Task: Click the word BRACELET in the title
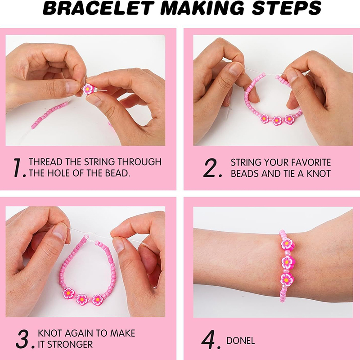98,8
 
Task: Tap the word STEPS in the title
287,8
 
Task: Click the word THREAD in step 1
45,162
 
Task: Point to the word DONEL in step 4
240,341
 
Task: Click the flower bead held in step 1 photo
88,89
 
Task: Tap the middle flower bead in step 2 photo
277,121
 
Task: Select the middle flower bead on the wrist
288,262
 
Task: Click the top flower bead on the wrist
287,244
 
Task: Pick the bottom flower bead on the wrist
287,279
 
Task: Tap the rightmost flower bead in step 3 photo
98,300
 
